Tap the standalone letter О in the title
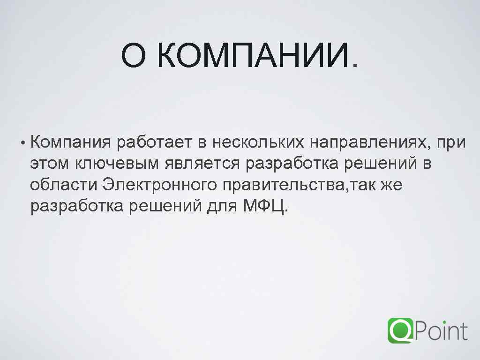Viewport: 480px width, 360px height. point(134,55)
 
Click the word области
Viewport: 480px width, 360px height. point(64,185)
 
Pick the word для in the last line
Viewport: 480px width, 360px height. point(222,206)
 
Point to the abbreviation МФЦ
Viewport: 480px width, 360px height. point(263,205)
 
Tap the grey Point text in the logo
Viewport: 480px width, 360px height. point(441,330)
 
